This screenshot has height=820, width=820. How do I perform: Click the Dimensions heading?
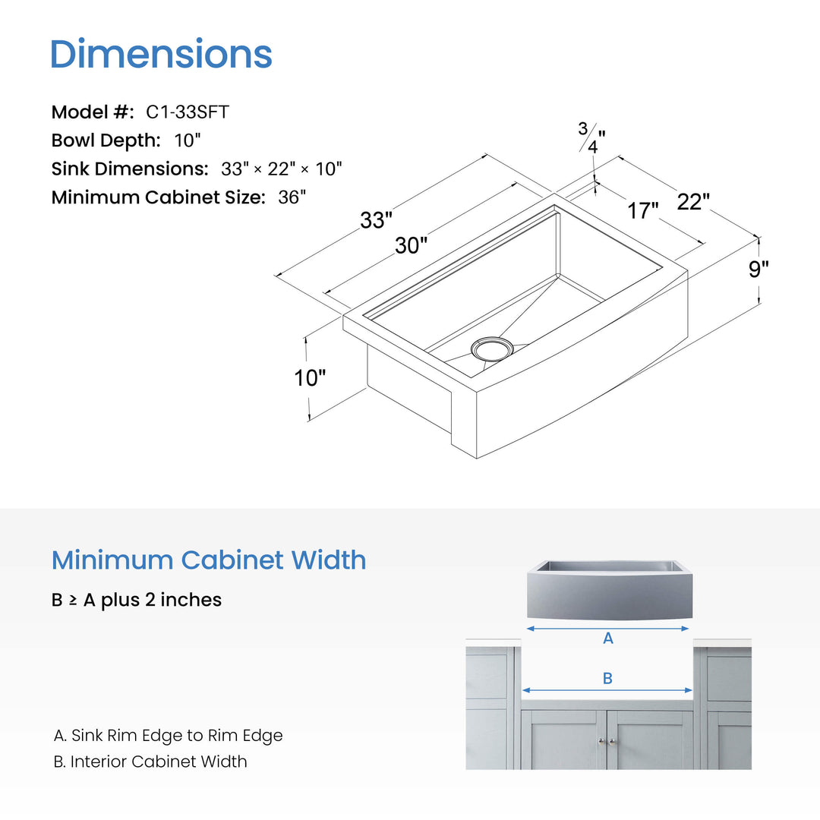click(161, 54)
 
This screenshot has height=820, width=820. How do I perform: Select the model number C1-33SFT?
click(188, 112)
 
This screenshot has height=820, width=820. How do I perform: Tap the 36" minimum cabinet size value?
click(292, 197)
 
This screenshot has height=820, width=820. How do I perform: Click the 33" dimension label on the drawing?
click(376, 219)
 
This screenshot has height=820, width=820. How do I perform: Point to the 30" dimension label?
click(411, 244)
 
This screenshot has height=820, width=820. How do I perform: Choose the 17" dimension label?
click(643, 210)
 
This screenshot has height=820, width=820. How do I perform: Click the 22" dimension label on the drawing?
click(693, 201)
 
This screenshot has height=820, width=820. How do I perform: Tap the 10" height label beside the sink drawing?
click(310, 377)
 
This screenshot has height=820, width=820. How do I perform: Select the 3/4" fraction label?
click(591, 137)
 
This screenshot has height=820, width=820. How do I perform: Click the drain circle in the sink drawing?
click(492, 348)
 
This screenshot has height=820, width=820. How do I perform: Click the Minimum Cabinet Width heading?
click(209, 560)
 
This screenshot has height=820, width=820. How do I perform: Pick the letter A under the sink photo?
click(607, 638)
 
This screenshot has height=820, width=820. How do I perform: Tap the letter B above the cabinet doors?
click(607, 678)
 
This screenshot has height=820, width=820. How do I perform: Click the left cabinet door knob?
click(601, 741)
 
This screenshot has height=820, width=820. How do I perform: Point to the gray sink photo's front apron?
click(610, 596)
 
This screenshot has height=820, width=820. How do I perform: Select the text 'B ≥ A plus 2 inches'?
click(137, 600)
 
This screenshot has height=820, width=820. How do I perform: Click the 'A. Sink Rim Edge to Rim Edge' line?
click(168, 735)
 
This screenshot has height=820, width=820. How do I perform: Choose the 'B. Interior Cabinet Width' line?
click(150, 762)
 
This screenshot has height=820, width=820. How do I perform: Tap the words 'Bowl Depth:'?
click(106, 140)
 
